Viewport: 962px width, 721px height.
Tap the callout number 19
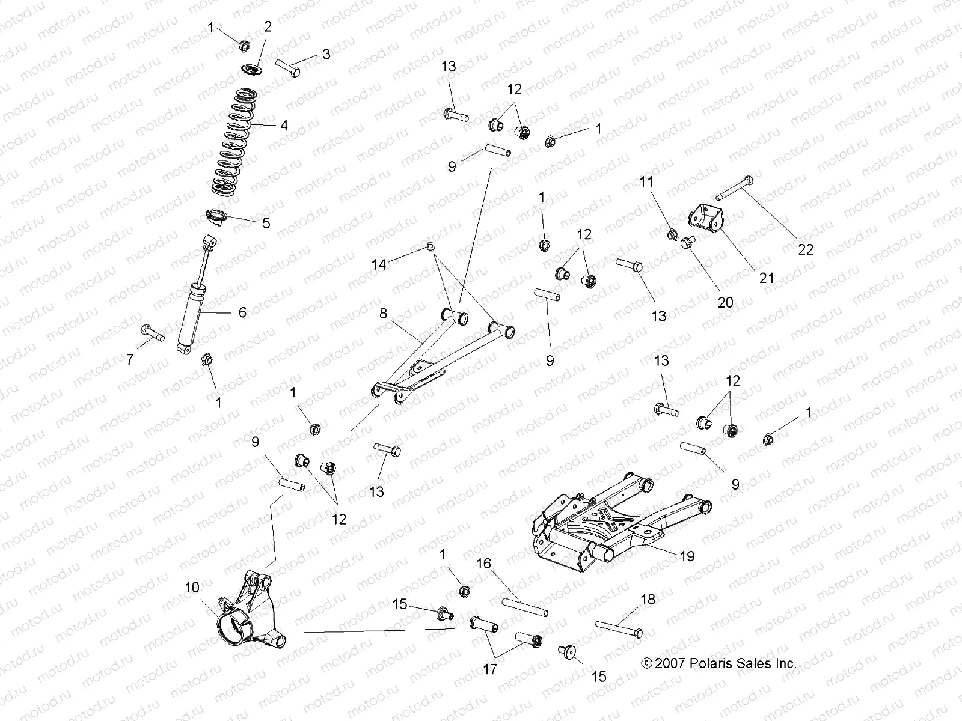click(x=686, y=556)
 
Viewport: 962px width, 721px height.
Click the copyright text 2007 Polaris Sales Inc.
click(x=719, y=664)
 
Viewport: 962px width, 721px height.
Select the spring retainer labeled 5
click(x=217, y=217)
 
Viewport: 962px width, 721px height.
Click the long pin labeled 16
click(x=524, y=606)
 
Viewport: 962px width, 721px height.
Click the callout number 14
click(x=378, y=264)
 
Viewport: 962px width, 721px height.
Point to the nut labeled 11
click(x=673, y=234)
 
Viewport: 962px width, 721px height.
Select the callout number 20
click(x=726, y=302)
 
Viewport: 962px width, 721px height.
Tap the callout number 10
click(x=192, y=587)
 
